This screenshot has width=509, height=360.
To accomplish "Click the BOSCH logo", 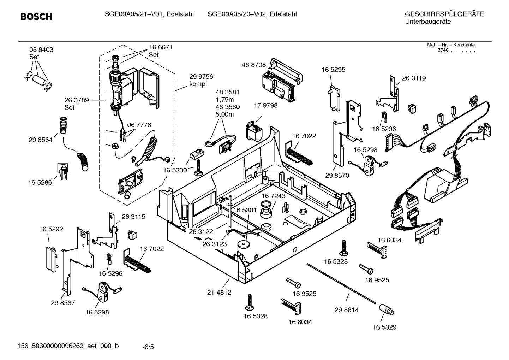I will tap(36, 17).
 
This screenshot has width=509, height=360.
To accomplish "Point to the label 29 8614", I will tap(346, 310).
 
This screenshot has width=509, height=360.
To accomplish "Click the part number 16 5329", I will tap(384, 327).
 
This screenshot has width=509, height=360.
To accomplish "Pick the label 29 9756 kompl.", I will tap(201, 80).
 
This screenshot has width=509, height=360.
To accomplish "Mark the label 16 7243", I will tap(273, 196).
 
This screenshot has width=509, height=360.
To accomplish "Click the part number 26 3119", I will tap(414, 78).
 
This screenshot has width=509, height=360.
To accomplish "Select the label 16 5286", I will tap(40, 182).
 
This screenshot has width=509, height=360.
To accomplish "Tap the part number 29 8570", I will tap(337, 175).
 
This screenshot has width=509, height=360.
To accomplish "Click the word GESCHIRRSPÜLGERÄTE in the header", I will tap(444, 14).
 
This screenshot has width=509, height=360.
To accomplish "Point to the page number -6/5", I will tap(148, 347).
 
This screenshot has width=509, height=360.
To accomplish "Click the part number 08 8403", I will tap(41, 49).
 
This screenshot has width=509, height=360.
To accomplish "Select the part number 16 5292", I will tap(51, 229).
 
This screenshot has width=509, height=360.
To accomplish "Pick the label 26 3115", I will tap(133, 217).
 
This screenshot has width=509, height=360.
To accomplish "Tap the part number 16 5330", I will tap(175, 170).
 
